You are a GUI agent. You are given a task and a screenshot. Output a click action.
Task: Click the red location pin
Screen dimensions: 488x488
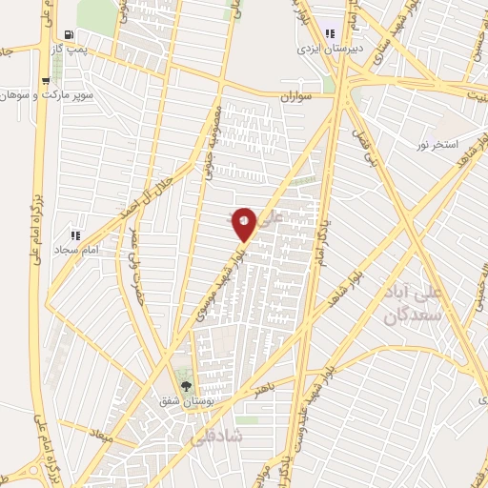pyautogui.click(x=244, y=223)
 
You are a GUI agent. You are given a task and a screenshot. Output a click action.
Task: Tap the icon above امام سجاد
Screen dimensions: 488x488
pyautogui.click(x=75, y=235)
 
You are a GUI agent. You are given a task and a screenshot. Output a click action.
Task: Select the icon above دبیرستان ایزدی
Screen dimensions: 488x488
pyautogui.click(x=329, y=32)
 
